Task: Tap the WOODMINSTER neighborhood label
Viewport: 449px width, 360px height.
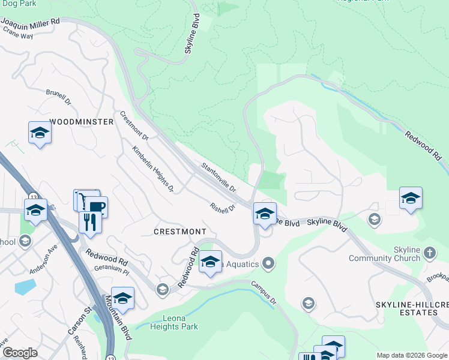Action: pos(81,122)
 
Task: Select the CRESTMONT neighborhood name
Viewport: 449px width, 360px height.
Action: pos(180,232)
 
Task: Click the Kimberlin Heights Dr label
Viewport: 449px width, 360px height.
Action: pos(153,170)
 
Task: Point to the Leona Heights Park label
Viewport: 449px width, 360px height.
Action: pos(174,322)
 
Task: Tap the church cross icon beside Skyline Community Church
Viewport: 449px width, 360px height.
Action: pos(430,253)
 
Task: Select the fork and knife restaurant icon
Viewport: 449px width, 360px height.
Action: pos(90,222)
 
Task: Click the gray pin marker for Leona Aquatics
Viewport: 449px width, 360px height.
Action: pos(269,263)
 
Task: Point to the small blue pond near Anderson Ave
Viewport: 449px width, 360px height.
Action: pos(25,286)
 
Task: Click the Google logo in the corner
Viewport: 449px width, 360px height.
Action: pos(20,353)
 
